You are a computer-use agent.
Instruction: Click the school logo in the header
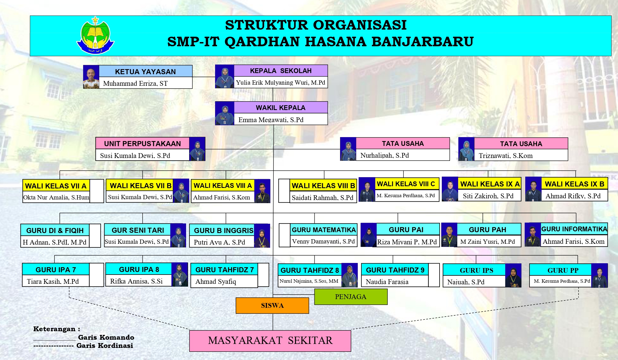click(x=95, y=36)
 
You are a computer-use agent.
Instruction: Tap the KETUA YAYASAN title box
click(x=145, y=71)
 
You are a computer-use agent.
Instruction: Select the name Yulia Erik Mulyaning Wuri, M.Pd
click(x=281, y=82)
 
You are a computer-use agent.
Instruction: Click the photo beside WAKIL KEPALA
click(x=225, y=113)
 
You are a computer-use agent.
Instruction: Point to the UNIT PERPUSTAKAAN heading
click(x=142, y=143)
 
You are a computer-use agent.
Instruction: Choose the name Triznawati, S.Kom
click(x=506, y=155)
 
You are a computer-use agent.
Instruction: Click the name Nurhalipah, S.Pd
click(x=385, y=155)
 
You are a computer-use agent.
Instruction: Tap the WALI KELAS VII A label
click(x=56, y=186)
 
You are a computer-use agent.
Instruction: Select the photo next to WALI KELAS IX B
click(x=533, y=189)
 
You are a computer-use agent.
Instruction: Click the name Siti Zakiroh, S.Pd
click(x=488, y=196)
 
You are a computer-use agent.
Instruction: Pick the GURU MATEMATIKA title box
click(x=324, y=230)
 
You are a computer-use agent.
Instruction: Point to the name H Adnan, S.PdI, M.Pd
click(x=54, y=242)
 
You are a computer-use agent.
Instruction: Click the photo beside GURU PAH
click(x=449, y=235)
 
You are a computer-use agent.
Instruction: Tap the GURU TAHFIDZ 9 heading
click(x=395, y=270)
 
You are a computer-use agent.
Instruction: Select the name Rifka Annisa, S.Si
click(x=136, y=281)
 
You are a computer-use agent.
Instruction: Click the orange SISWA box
click(x=272, y=306)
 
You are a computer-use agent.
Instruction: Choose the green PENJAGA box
click(x=351, y=297)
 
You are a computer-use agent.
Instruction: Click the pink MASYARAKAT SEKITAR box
click(x=270, y=341)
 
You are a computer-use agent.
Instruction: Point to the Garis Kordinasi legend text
click(x=105, y=345)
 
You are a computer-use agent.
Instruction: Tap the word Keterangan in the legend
click(x=54, y=329)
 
